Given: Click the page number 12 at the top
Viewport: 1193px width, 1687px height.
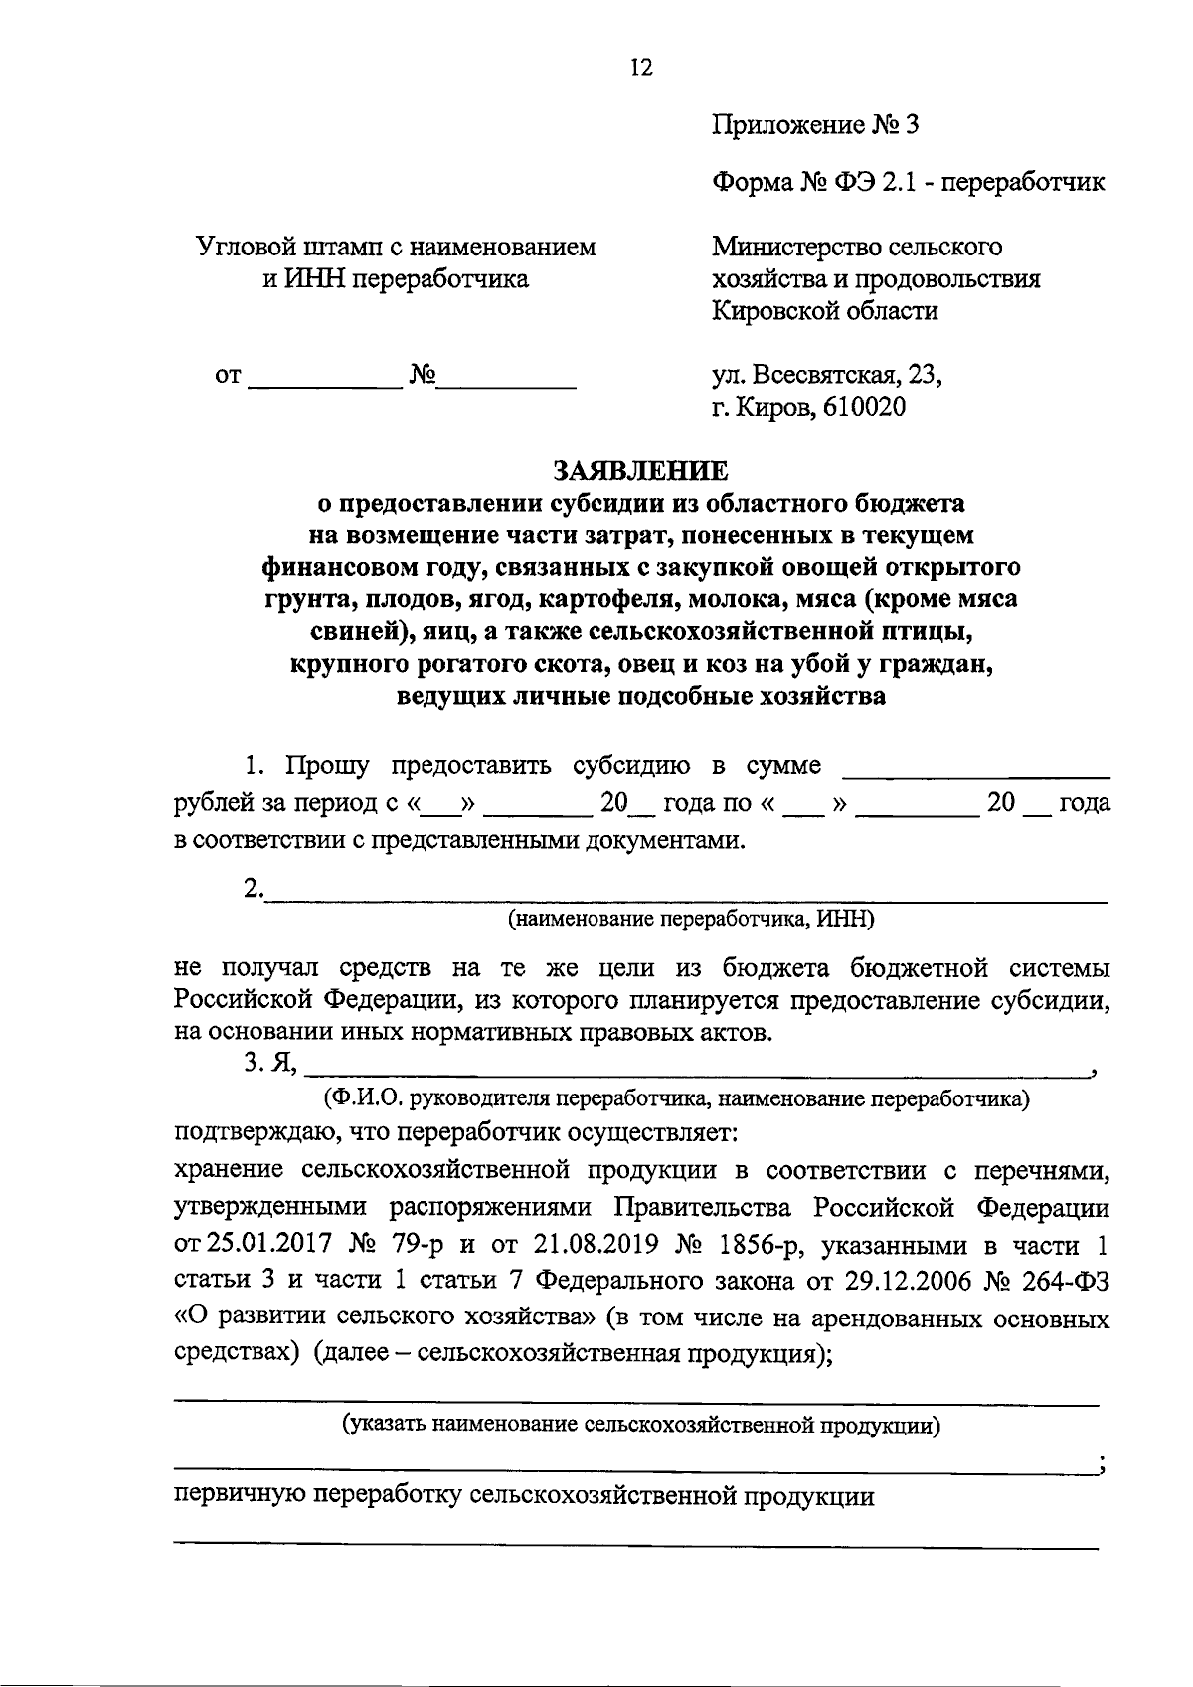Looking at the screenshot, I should [x=640, y=68].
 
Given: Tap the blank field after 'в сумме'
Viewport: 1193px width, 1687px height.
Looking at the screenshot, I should [x=975, y=770].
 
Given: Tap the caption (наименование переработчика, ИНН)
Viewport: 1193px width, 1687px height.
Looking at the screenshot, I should [x=690, y=920].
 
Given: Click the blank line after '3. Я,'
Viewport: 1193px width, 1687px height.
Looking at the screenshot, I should [x=696, y=1070].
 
